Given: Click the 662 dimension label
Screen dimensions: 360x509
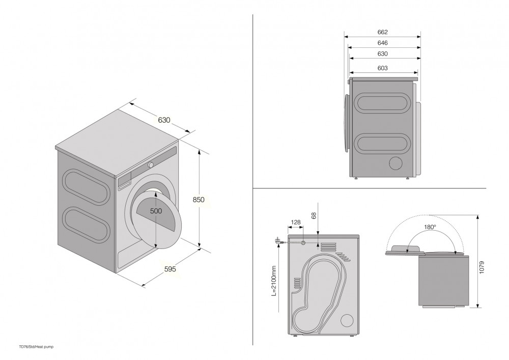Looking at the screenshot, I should click(x=383, y=32).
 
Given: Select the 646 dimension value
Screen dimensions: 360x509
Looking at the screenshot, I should click(x=383, y=43).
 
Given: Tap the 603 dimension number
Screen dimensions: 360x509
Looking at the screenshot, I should click(x=383, y=68).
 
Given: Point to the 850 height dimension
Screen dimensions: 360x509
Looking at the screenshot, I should click(x=199, y=200).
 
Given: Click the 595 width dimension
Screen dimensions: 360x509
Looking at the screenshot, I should click(x=170, y=269).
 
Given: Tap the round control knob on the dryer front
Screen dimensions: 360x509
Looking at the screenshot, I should click(x=151, y=164).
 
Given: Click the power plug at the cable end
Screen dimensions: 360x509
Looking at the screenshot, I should click(x=278, y=240).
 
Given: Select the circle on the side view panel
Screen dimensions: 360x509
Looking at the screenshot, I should click(x=395, y=163).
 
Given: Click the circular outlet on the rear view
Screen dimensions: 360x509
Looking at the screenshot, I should click(x=347, y=320).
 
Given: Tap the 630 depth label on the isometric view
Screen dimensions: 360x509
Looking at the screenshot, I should click(x=164, y=121).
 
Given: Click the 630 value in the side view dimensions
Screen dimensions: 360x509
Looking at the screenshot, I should click(x=383, y=54).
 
